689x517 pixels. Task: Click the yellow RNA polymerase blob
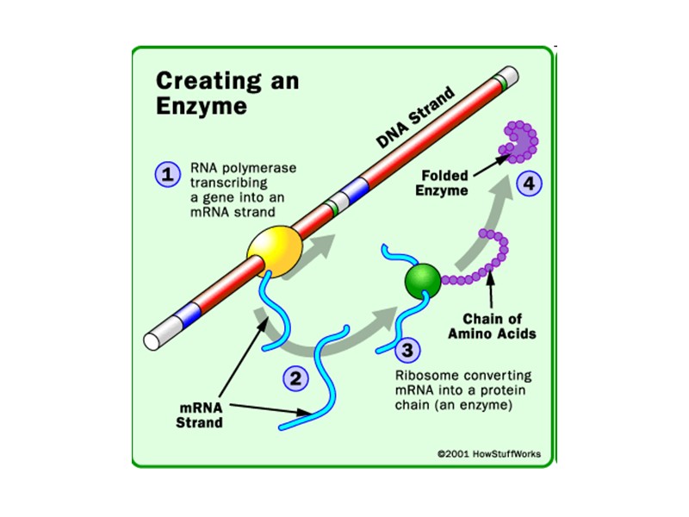point(276,249)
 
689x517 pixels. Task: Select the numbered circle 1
point(166,174)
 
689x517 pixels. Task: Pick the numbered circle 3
point(407,350)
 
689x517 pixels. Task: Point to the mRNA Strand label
point(200,414)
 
